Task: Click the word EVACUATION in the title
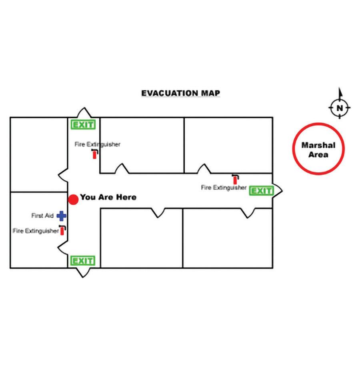[x=169, y=93]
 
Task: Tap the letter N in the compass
[x=340, y=108]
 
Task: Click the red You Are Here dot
[x=73, y=199]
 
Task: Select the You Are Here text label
[x=108, y=197]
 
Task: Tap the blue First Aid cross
[x=61, y=216]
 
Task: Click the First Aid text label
[x=42, y=216]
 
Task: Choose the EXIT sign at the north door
[x=83, y=125]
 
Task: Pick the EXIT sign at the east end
[x=261, y=191]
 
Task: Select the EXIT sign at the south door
[x=83, y=261]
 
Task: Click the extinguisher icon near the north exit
[x=95, y=154]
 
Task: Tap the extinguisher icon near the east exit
[x=235, y=180]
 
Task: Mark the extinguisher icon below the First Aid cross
[x=62, y=230]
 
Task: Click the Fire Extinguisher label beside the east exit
[x=224, y=188]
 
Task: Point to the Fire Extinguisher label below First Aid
[x=36, y=231]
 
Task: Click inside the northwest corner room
[x=38, y=154]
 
